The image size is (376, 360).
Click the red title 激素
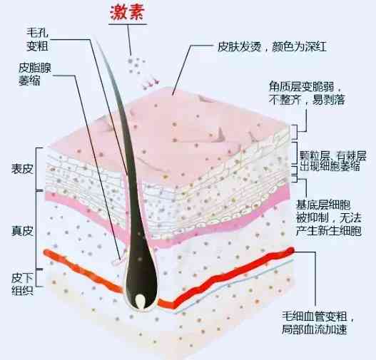(127, 12)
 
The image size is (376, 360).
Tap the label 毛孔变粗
(37, 39)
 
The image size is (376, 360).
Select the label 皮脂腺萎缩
(35, 74)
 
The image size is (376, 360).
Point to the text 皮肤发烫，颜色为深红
(272, 46)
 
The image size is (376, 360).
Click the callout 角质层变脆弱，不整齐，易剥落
(307, 93)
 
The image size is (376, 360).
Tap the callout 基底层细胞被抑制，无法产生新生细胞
(329, 218)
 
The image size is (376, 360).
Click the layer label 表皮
(22, 169)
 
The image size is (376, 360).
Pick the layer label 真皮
(22, 231)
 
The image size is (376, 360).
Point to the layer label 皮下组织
(22, 284)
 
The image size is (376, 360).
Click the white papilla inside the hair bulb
(140, 301)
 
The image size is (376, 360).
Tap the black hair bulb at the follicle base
(141, 287)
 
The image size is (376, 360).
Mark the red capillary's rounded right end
(291, 250)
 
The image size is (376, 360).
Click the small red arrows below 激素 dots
(151, 83)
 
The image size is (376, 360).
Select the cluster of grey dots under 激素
(136, 65)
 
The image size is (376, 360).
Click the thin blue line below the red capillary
(234, 287)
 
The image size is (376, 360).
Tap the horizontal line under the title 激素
(127, 24)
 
